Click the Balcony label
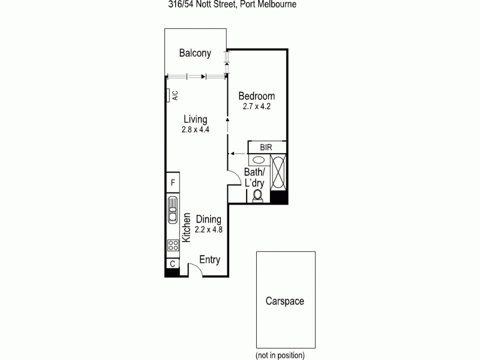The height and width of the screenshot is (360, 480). click(195, 53)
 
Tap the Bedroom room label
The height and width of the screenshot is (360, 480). click(256, 96)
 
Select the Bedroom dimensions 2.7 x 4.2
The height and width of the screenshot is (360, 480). click(256, 107)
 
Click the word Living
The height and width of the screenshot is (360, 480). click(195, 119)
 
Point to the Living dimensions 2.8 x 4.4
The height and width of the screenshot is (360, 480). click(195, 129)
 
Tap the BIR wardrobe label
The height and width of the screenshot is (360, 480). click(266, 147)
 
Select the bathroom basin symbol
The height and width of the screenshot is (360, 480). click(258, 161)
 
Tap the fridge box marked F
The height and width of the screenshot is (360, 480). click(172, 182)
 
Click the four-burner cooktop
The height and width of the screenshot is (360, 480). click(172, 245)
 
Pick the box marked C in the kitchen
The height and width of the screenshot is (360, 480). click(172, 263)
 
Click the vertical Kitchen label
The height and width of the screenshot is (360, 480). click(187, 227)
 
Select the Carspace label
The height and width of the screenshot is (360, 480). click(285, 301)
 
